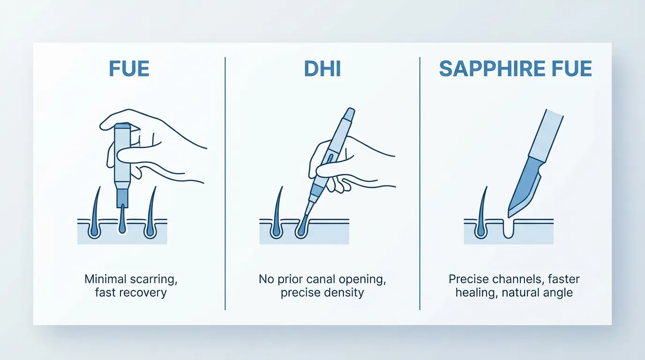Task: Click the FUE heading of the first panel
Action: tap(129, 68)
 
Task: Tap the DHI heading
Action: tap(322, 68)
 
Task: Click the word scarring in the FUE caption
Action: tap(154, 279)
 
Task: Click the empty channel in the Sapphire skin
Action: tap(508, 229)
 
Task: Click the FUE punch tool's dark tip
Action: tap(122, 197)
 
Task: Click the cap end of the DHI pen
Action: tap(349, 115)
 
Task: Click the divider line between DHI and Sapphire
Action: tap(420, 183)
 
